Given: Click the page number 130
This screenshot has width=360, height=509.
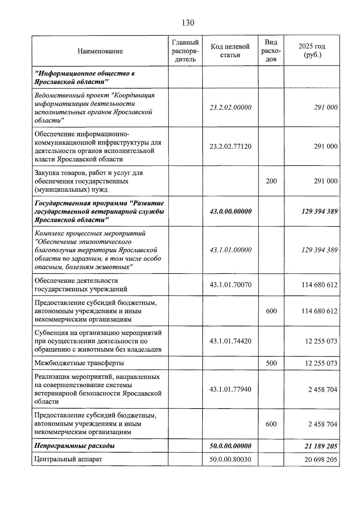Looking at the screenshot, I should (x=188, y=23).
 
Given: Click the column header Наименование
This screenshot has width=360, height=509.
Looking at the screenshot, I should (x=100, y=51).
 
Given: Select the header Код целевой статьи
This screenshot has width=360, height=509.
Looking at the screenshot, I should (x=230, y=51).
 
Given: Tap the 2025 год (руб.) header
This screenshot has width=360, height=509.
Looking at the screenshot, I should (x=312, y=51).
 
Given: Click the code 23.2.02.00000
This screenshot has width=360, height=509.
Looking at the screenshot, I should (x=230, y=107).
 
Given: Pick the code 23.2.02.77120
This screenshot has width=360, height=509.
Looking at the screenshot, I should (x=230, y=146).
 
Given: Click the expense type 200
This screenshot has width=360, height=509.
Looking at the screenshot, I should (x=271, y=181).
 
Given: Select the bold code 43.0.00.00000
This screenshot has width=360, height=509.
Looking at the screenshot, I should (x=230, y=211).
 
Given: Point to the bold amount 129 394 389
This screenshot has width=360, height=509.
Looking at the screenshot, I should (x=319, y=211).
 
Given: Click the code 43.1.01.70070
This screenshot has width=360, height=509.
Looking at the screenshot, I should (x=230, y=285).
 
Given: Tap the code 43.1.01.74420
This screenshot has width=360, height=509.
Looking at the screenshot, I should (x=230, y=341).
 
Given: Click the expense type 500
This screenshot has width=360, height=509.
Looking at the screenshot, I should (x=271, y=363).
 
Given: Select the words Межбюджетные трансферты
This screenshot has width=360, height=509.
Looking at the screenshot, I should (x=79, y=363).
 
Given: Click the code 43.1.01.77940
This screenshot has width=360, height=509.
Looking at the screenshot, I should (x=230, y=389).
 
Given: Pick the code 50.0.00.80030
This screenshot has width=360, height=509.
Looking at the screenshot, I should (x=230, y=459).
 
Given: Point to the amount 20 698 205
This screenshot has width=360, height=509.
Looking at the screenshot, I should (x=321, y=459).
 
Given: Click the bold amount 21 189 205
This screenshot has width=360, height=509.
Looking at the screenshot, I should (x=321, y=446).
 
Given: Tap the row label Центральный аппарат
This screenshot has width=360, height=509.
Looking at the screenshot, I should (x=68, y=459).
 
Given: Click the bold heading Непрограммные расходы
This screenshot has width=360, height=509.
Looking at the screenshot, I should (x=75, y=446).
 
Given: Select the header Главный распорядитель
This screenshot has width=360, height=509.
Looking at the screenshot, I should (x=185, y=51).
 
